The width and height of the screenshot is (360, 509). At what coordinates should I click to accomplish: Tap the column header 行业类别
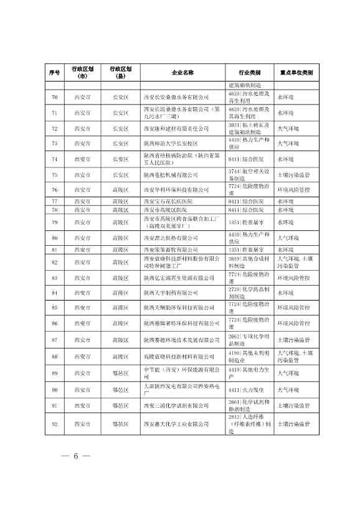tap(249, 73)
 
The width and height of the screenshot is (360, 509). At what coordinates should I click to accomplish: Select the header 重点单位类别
tap(295, 73)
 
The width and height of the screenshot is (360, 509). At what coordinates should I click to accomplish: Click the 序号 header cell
tap(54, 73)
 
